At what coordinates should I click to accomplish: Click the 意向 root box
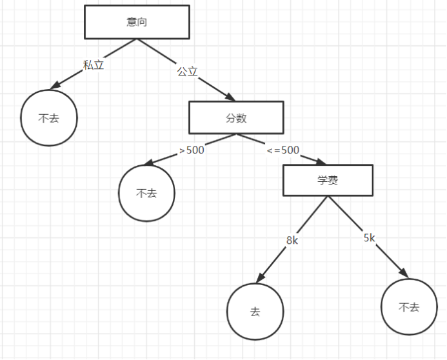137,22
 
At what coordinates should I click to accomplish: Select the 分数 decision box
236,117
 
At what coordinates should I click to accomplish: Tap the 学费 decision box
328,181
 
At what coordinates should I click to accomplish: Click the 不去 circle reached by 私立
49,118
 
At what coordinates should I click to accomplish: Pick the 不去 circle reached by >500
146,193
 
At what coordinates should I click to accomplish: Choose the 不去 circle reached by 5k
409,307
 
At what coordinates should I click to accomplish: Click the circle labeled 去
255,312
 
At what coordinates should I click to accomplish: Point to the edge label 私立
94,65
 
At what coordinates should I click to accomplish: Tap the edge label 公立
187,72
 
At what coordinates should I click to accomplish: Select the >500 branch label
192,150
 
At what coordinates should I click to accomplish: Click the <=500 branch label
283,150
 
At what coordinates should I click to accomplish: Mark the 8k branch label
292,241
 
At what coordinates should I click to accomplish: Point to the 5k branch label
369,237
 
